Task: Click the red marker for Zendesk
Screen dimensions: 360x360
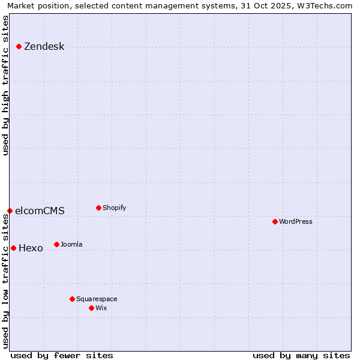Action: pos(19,46)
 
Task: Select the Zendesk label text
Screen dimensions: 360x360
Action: pos(44,47)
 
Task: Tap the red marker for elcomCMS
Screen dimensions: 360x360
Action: pos(10,211)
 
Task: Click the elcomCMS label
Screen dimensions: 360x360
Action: pos(40,211)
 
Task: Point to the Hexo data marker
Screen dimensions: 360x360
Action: pos(14,248)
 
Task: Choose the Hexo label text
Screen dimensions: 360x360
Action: pos(31,248)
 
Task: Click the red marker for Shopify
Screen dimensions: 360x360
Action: pos(99,208)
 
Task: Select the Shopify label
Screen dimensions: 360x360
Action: pos(114,208)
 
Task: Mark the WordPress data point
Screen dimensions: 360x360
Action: pos(275,221)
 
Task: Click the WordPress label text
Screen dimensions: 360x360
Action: pos(296,222)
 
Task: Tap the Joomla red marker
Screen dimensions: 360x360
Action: pos(57,244)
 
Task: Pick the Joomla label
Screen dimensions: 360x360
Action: pos(71,245)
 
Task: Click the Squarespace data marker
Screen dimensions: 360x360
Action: pos(73,299)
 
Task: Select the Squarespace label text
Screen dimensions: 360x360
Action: pos(97,299)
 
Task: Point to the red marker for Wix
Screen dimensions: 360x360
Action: pos(92,308)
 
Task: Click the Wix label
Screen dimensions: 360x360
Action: pos(101,308)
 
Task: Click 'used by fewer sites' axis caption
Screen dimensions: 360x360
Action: pos(62,355)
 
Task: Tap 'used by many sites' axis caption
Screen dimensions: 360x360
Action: pos(301,355)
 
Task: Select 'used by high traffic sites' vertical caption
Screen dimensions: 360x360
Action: pos(6,85)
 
